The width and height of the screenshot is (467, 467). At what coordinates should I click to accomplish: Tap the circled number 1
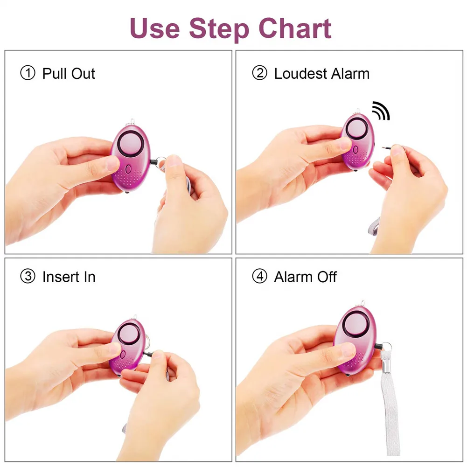point(28,73)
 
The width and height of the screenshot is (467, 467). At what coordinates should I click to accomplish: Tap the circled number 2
point(259,73)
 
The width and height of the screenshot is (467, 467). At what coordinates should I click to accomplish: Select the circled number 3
point(28,277)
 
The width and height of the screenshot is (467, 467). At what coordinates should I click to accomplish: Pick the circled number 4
point(259,277)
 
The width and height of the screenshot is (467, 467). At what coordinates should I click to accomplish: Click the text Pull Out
point(69,73)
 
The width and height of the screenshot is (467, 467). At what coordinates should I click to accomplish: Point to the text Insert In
point(69,277)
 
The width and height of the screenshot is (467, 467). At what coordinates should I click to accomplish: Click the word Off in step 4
point(327,277)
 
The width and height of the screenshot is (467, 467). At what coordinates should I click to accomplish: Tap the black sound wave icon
point(380,110)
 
